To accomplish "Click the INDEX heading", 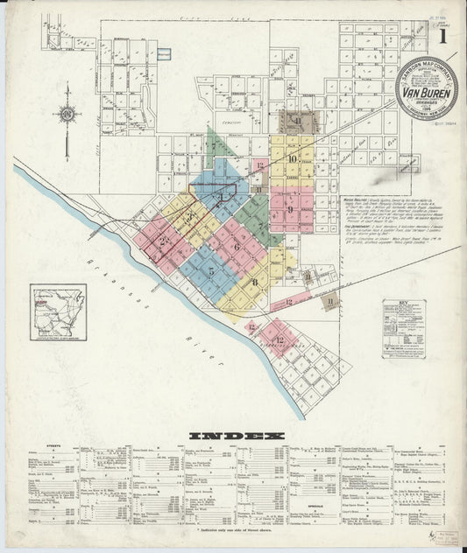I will pos(235,436).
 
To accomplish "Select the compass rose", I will pos(67,113).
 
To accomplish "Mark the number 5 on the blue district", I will pos(211,271).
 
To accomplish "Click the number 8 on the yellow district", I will pos(255,282).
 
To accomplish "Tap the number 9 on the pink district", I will pos(289,209).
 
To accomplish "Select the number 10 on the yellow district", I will pos(292,158).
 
